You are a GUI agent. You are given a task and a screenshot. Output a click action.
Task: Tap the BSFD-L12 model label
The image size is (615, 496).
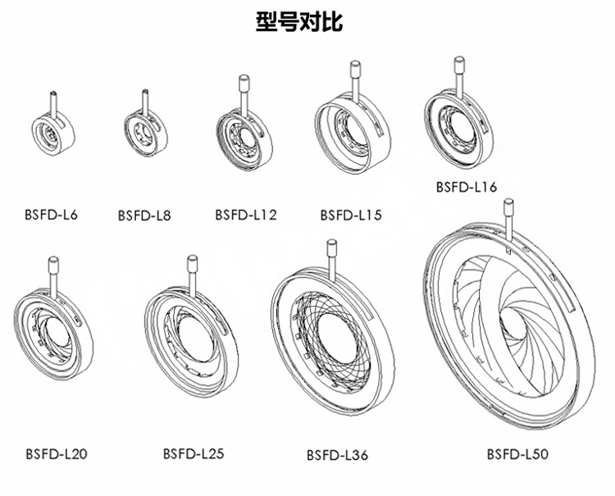tap(245, 215)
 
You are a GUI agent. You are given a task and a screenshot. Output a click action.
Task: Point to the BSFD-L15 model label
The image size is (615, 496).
tap(350, 216)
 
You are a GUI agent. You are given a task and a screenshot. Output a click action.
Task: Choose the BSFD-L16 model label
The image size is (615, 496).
tap(465, 188)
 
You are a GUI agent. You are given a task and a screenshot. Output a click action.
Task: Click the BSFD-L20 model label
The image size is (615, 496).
tap(56, 453)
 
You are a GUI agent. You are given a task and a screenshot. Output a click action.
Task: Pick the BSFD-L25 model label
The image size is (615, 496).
tap(193, 453)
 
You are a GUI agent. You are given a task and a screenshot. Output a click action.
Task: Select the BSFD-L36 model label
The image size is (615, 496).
tap(336, 455)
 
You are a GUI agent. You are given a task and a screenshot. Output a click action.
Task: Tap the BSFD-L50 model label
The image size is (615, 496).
tap(517, 454)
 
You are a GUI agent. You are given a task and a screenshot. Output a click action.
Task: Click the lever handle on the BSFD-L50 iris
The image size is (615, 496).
tap(508, 218)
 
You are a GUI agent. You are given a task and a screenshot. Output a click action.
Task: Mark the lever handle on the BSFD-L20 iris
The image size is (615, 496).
tap(53, 274)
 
